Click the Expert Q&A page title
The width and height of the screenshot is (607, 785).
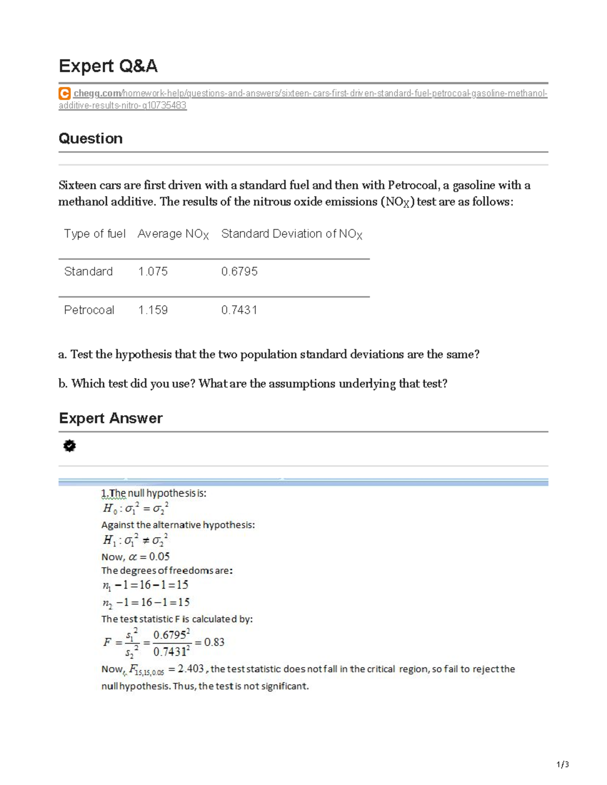point(108,66)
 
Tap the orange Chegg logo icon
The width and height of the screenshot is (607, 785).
point(64,94)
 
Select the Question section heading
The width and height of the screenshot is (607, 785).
point(91,138)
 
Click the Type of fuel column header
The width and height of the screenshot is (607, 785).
point(95,234)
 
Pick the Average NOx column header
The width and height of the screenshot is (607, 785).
point(173,234)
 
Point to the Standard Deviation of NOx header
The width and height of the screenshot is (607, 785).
point(291,234)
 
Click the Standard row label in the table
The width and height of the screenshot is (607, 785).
point(89,271)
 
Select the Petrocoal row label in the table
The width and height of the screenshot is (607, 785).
point(89,310)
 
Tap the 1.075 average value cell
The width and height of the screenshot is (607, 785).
point(153,271)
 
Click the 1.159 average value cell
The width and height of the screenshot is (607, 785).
point(153,310)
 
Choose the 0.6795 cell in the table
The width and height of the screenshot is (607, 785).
point(239,271)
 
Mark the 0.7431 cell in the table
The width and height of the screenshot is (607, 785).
point(239,310)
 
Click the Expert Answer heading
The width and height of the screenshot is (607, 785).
point(111,418)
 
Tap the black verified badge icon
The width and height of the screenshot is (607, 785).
point(69,446)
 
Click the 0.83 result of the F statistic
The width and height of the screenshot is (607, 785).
point(214,642)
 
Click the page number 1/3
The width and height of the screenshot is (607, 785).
point(562,764)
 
